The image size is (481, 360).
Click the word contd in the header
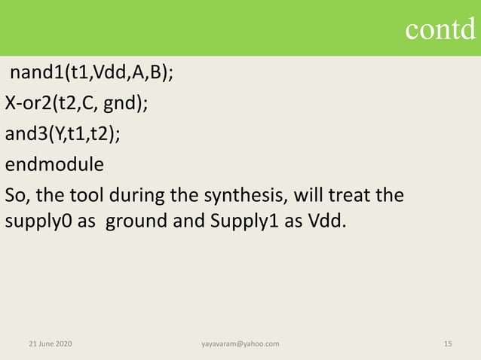(x=441, y=29)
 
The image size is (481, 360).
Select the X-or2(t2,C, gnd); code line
(x=76, y=104)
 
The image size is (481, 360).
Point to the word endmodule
(x=54, y=164)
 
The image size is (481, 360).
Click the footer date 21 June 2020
(x=51, y=343)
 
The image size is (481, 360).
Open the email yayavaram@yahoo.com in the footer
(x=240, y=343)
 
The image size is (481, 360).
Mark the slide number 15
(x=448, y=343)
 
